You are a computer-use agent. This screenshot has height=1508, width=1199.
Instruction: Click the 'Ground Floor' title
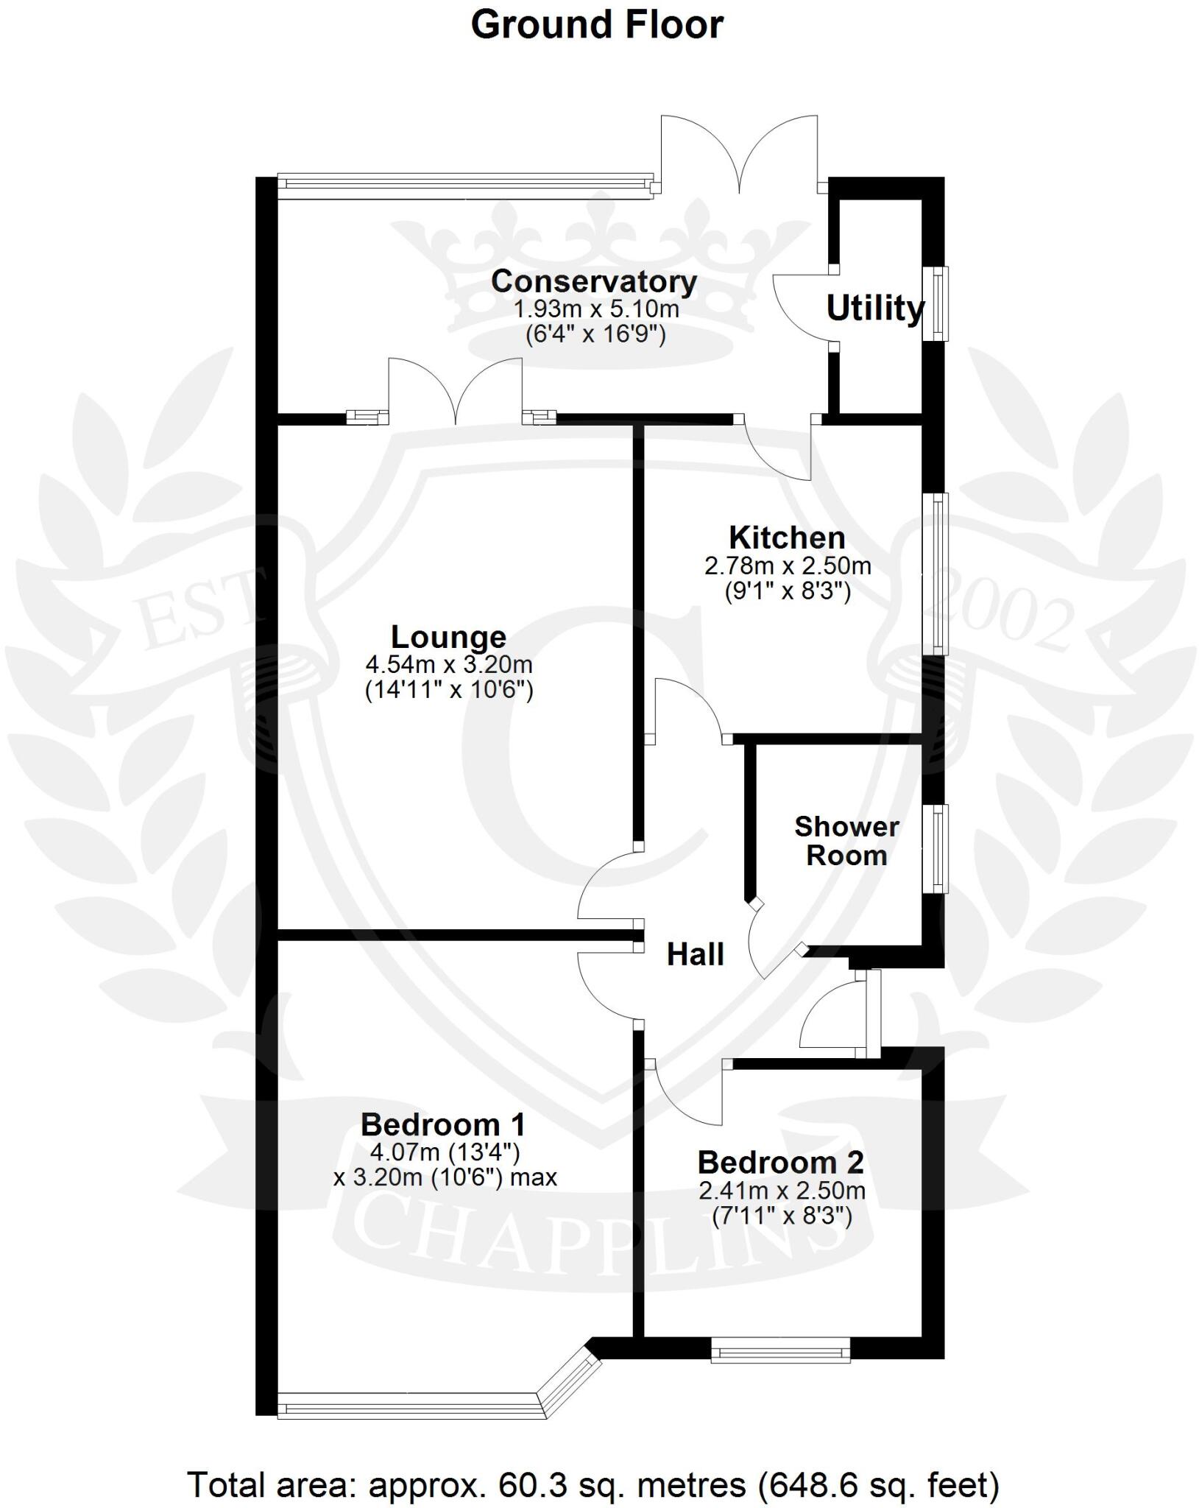pos(597,25)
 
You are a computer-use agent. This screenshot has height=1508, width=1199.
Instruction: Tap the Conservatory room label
pos(594,282)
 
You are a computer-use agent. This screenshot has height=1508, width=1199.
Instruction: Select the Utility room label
pos(874,309)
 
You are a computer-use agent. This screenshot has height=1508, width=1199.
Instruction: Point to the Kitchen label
pos(787,538)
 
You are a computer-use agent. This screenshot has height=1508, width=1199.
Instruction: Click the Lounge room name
pos(448,637)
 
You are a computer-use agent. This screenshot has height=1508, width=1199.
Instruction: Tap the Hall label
pos(696,955)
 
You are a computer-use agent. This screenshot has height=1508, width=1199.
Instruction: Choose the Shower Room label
pos(846,841)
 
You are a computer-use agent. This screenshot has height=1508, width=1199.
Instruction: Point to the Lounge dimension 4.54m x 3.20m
pos(449,665)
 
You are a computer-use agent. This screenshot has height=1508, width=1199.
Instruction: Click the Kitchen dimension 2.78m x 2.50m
pos(788,566)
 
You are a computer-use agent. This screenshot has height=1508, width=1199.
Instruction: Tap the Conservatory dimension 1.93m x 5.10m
pos(595,309)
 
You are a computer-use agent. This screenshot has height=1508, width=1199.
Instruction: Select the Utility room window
pos(937,303)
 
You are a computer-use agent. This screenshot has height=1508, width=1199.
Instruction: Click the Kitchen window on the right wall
pos(937,574)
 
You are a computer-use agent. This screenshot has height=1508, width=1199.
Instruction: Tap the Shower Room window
pos(937,849)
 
